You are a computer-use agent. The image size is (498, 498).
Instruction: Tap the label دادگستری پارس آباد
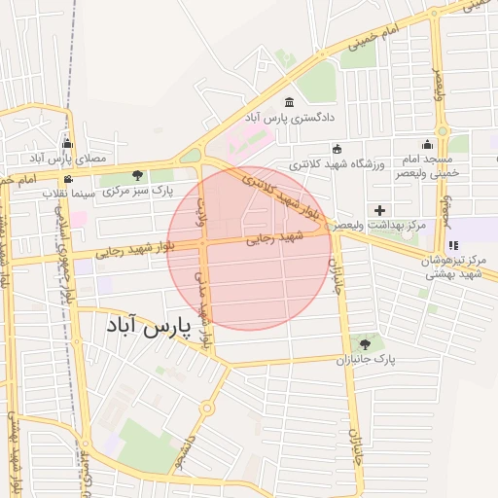coord(289,117)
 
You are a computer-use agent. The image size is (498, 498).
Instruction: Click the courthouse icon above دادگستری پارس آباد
coord(289,102)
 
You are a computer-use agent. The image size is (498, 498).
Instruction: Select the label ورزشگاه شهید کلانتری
coord(337,163)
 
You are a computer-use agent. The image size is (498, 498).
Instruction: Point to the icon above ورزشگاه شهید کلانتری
coord(337,149)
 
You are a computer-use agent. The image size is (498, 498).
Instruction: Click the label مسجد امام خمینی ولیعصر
coord(425,165)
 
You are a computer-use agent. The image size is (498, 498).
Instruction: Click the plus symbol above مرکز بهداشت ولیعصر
coord(379,210)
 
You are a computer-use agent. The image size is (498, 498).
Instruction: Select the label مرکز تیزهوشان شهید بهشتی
coord(453,268)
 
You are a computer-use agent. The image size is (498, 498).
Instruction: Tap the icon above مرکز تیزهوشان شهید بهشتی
coord(453,245)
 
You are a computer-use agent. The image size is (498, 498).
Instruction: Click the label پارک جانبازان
coord(366,359)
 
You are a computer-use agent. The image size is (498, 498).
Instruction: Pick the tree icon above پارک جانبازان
coord(366,344)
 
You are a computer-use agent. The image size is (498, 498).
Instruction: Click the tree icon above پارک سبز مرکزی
coord(137,176)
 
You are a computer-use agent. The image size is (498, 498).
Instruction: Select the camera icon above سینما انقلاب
coord(67,179)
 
